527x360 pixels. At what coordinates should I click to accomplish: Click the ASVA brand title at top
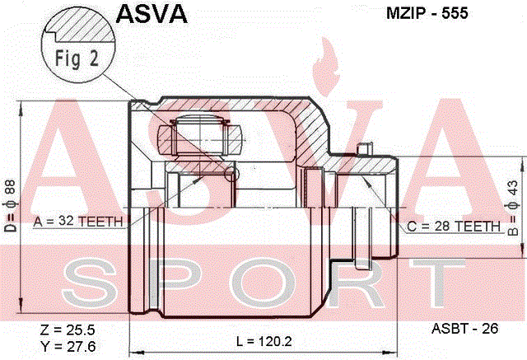pyautogui.click(x=152, y=14)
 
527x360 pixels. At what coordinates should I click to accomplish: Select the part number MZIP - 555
pyautogui.click(x=427, y=13)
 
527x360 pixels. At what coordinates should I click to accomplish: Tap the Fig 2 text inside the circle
pyautogui.click(x=77, y=58)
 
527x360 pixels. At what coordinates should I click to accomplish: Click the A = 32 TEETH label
pyautogui.click(x=78, y=221)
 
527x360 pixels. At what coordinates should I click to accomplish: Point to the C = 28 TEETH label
pyautogui.click(x=454, y=227)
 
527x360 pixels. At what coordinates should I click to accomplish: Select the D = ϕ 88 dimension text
pyautogui.click(x=10, y=206)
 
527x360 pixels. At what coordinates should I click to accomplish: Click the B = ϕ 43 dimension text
pyautogui.click(x=512, y=208)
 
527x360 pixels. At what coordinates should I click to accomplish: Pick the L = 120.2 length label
pyautogui.click(x=264, y=342)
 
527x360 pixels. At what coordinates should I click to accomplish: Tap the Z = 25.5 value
pyautogui.click(x=68, y=330)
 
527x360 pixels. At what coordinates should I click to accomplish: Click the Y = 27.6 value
pyautogui.click(x=68, y=346)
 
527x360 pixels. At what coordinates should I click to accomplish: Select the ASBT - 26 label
pyautogui.click(x=464, y=329)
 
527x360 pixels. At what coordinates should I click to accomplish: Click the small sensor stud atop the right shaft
pyautogui.click(x=364, y=148)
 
